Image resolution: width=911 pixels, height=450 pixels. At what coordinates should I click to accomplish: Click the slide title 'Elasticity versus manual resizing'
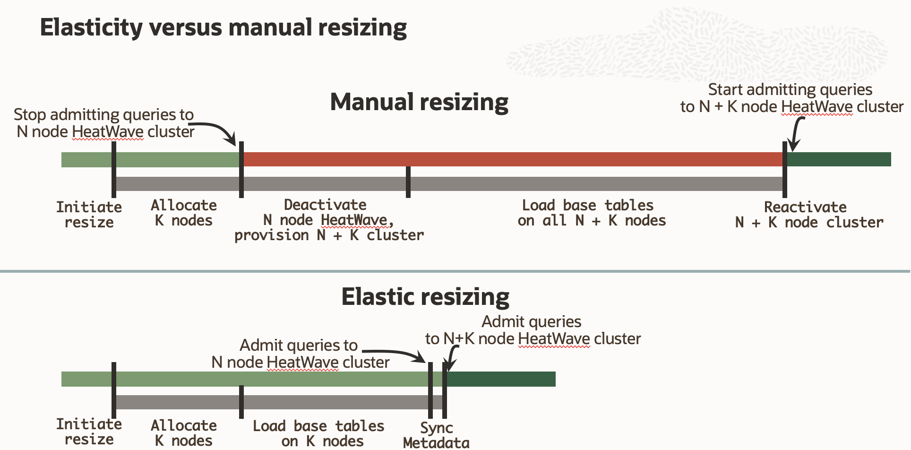(x=223, y=27)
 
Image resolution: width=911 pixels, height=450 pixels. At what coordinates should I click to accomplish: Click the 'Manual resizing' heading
(x=419, y=102)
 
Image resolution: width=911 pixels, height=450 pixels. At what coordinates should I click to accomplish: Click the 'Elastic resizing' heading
(x=425, y=297)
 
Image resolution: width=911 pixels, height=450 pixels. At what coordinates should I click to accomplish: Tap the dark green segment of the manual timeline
(x=839, y=159)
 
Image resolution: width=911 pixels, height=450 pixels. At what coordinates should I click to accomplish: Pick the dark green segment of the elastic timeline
(x=501, y=379)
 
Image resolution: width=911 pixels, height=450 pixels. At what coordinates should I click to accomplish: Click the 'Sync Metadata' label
(x=436, y=435)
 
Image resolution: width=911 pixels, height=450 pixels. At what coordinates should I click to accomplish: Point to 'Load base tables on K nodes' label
(x=318, y=433)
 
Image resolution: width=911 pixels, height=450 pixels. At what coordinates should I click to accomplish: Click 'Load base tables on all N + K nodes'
(x=592, y=213)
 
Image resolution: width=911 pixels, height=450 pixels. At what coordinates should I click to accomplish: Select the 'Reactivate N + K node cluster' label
(x=809, y=214)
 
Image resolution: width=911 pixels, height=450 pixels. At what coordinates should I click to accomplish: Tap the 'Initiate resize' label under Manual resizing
(x=89, y=214)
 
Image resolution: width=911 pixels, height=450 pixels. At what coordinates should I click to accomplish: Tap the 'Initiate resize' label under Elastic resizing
(x=89, y=431)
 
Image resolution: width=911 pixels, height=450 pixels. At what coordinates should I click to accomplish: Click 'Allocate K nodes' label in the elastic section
(x=183, y=433)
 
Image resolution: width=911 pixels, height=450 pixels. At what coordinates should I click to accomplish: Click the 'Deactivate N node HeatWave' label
(x=329, y=220)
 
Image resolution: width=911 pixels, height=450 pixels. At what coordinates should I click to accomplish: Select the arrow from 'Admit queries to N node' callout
(x=397, y=354)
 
